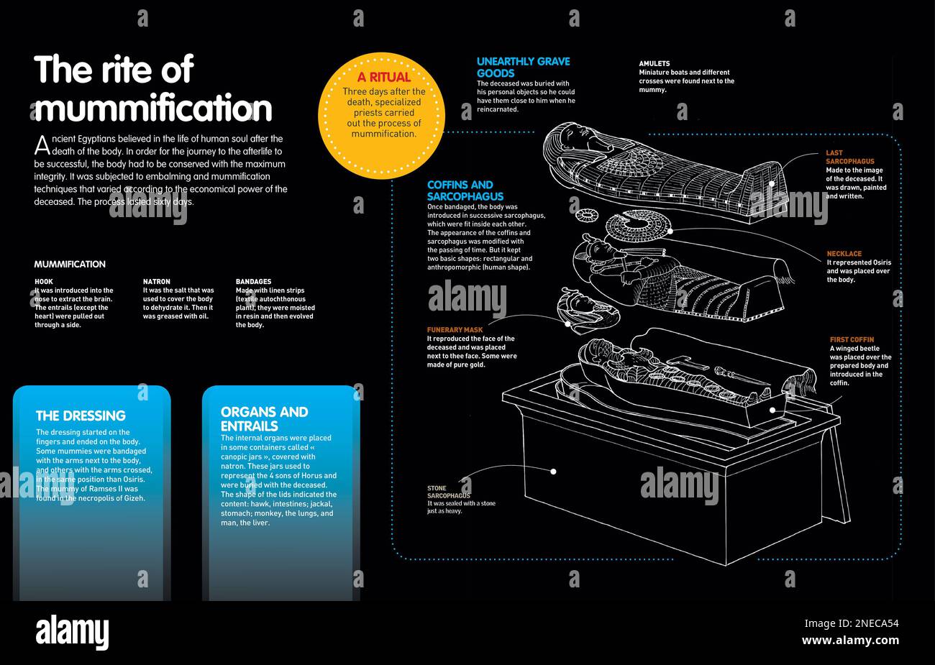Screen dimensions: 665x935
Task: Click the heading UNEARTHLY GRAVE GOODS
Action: coord(523,68)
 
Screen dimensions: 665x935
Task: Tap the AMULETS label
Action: coord(654,63)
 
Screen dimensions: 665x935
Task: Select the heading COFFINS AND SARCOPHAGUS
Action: coord(465,191)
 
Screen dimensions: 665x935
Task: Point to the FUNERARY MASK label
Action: coord(455,330)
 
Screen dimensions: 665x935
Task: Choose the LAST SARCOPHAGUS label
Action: coord(849,157)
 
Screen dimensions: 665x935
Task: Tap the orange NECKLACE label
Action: coord(844,254)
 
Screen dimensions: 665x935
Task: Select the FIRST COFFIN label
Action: coord(852,339)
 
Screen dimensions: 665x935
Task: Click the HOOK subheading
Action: coord(44,282)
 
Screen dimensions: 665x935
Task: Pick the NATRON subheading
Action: coord(156,282)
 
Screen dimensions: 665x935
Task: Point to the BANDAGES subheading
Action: coord(253,282)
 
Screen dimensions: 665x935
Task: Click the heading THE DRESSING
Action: coord(81,416)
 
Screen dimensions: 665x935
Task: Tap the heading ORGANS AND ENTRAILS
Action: coord(264,419)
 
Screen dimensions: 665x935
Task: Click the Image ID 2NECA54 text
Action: coord(851,623)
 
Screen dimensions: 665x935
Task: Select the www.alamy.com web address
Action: coord(850,641)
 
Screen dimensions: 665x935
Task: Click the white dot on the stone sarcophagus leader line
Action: coord(554,472)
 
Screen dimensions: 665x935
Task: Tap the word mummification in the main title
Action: coord(153,109)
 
